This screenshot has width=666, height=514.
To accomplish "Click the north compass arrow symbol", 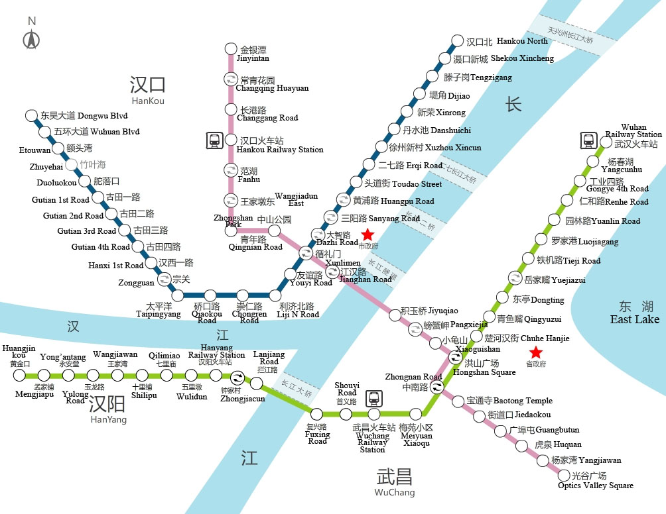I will [x=31, y=40].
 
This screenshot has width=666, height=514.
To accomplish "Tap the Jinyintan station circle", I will [x=231, y=48].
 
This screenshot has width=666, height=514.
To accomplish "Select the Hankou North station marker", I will [x=456, y=40].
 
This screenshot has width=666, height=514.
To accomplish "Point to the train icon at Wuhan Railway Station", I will [x=588, y=140].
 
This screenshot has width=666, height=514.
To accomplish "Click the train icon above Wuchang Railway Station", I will [x=374, y=397].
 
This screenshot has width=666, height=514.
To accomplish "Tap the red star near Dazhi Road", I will [x=367, y=235].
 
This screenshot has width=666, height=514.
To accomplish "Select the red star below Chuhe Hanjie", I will [x=535, y=352].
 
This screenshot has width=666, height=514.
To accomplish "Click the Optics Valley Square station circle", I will [x=565, y=475].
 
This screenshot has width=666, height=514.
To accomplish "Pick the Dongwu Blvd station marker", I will [x=31, y=116].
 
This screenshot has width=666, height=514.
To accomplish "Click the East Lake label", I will [x=635, y=313].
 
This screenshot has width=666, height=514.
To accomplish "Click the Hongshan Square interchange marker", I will [x=456, y=357].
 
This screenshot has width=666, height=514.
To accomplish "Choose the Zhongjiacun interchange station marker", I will [x=256, y=382].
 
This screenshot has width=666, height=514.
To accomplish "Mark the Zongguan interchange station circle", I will [x=163, y=279].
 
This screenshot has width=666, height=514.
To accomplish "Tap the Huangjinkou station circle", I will [x=19, y=376].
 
